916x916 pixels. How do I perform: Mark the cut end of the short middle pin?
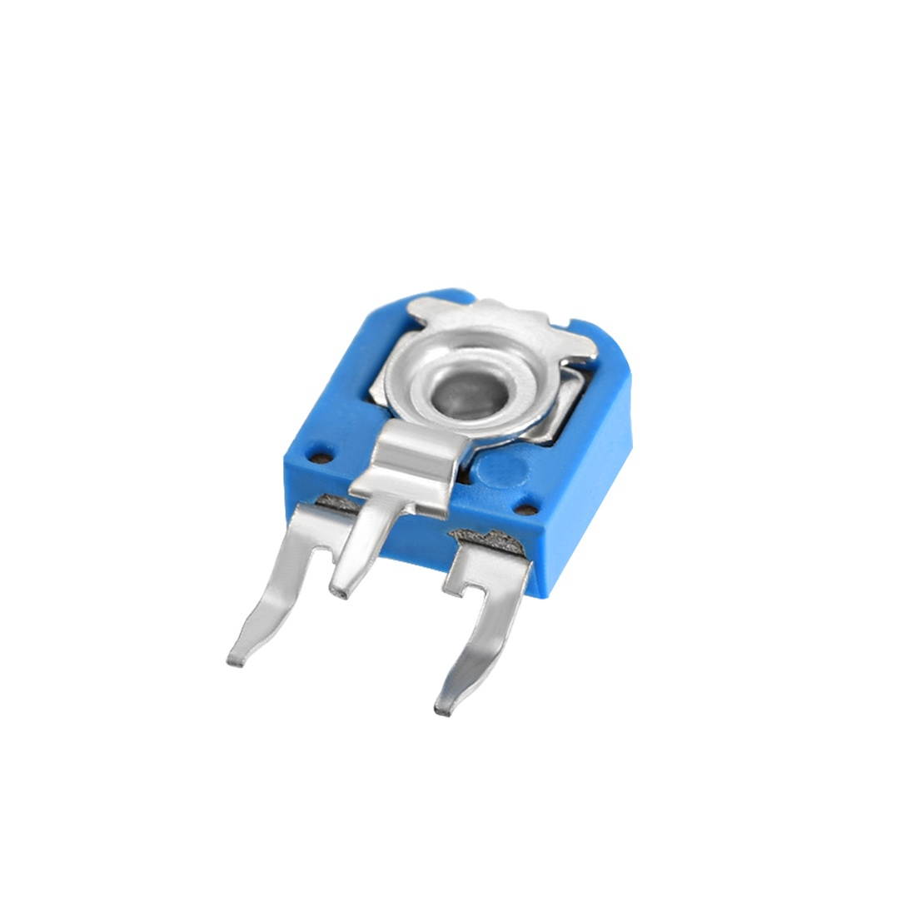[339, 591]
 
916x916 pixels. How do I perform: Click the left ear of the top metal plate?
[426, 311]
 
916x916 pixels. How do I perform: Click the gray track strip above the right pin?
[491, 540]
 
